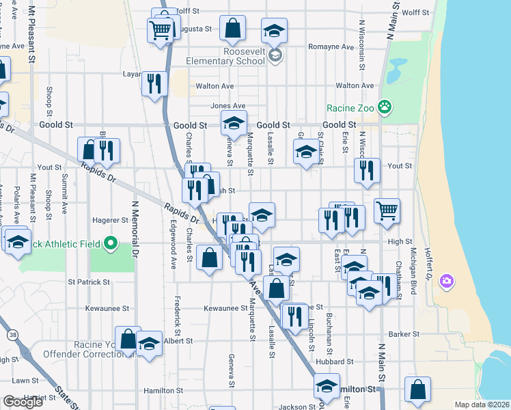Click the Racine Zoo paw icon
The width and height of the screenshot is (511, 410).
pyautogui.click(x=387, y=107)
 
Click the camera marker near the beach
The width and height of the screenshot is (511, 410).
pyautogui.click(x=447, y=280)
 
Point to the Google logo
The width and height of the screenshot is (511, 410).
pyautogui.click(x=23, y=402)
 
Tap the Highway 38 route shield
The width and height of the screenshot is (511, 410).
pyautogui.click(x=14, y=336)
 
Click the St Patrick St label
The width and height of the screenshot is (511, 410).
pyautogui.click(x=89, y=282)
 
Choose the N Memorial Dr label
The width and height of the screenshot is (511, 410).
pyautogui.click(x=135, y=232)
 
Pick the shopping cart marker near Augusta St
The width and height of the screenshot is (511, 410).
pyautogui.click(x=161, y=29)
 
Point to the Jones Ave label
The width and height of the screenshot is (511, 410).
pyautogui.click(x=227, y=106)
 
